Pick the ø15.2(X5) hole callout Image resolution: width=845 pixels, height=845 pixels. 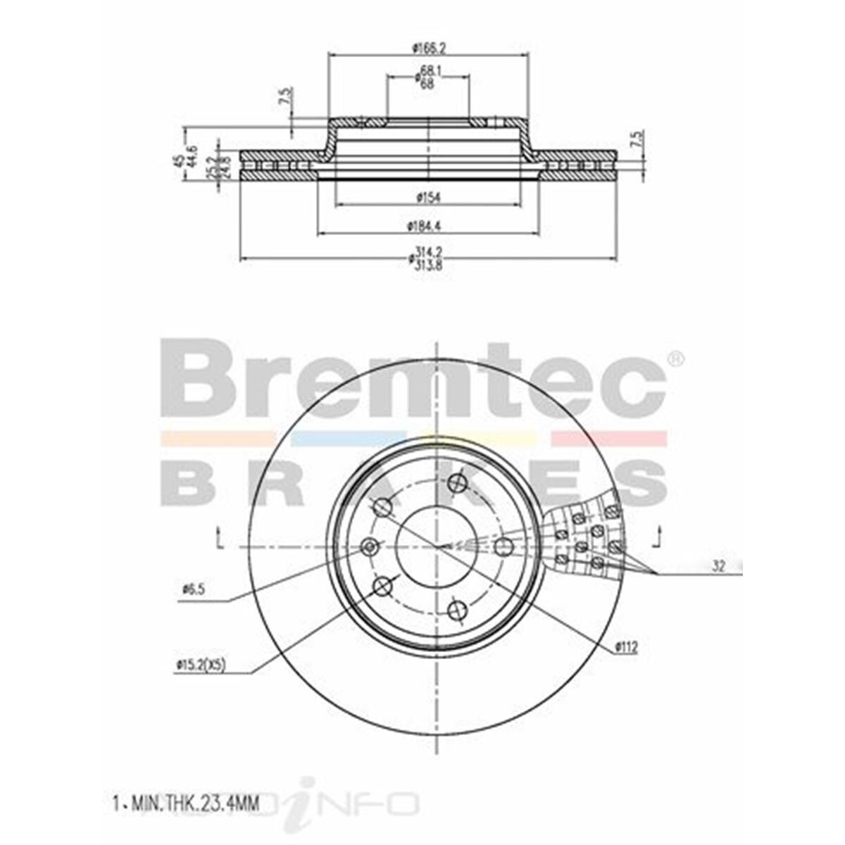pos(202,664)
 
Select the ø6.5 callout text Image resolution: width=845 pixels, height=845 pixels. pos(192,589)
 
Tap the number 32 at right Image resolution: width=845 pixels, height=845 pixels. pos(718,565)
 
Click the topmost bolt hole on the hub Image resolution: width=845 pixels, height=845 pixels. pos(459,484)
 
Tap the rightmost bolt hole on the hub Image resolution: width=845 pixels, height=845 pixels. pos(503,546)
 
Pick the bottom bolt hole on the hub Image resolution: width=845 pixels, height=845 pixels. pos(458,608)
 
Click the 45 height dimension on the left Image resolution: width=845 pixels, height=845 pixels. pos(180,160)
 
